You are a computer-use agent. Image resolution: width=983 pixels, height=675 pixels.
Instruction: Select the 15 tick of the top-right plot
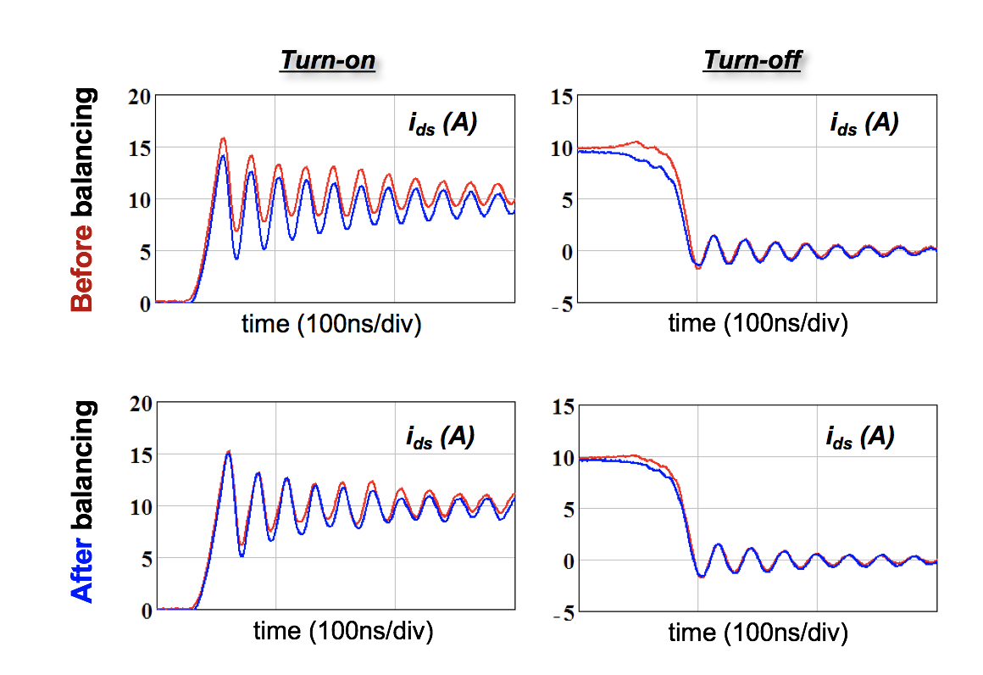click(x=562, y=98)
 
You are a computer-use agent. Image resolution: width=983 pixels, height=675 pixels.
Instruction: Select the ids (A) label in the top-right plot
click(x=864, y=124)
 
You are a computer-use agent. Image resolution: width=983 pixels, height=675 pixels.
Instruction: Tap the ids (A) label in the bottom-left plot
click(x=439, y=437)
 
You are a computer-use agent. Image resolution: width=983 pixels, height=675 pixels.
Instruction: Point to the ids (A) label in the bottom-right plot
click(x=860, y=437)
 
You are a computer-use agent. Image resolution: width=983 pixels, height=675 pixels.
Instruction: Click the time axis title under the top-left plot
click(x=332, y=324)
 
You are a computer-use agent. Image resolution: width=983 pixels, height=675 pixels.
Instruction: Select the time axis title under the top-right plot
click(x=758, y=324)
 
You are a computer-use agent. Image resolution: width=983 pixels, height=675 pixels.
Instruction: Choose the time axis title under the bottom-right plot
click(x=758, y=633)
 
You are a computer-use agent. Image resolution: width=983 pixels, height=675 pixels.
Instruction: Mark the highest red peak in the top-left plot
click(x=224, y=138)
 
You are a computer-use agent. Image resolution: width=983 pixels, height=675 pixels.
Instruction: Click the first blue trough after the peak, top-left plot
click(x=236, y=257)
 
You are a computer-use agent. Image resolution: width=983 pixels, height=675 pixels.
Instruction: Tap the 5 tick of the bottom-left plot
click(x=145, y=558)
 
